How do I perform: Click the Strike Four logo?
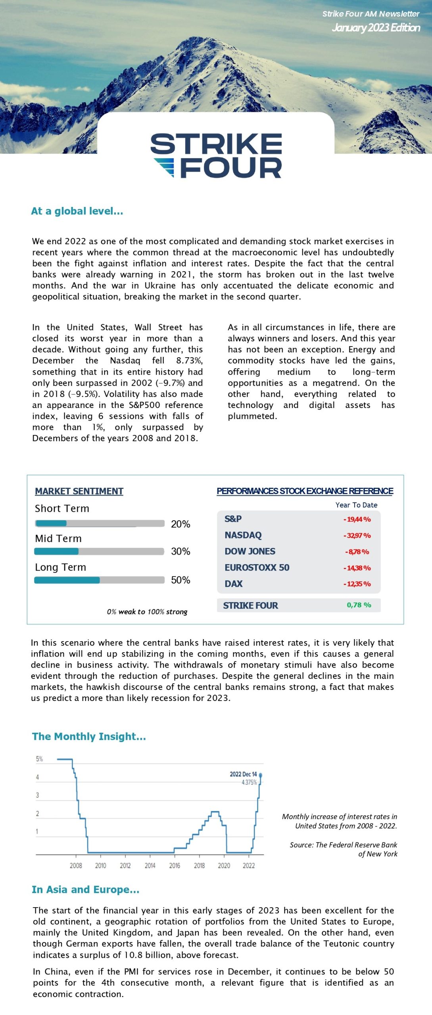point(216,155)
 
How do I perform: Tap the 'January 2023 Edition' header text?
point(376,27)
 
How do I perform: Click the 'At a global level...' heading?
point(77,211)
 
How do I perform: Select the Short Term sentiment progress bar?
point(100,523)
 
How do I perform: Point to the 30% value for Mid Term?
point(180,551)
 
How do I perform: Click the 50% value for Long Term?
point(180,580)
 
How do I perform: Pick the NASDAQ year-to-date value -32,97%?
point(357,535)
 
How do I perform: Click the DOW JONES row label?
point(250,551)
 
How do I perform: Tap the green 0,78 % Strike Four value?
point(359,605)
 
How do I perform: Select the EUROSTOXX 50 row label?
point(257,567)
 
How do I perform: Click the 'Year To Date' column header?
point(356,505)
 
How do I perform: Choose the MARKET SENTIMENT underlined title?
point(79,491)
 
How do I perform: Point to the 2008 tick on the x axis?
point(76,866)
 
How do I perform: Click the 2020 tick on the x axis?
point(224,866)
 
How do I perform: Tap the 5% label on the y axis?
point(39,759)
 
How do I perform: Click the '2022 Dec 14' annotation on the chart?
point(243,774)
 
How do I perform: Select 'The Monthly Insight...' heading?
point(89,736)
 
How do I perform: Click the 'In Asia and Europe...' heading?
point(85,889)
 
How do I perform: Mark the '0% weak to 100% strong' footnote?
point(147,612)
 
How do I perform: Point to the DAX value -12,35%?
point(357,584)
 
